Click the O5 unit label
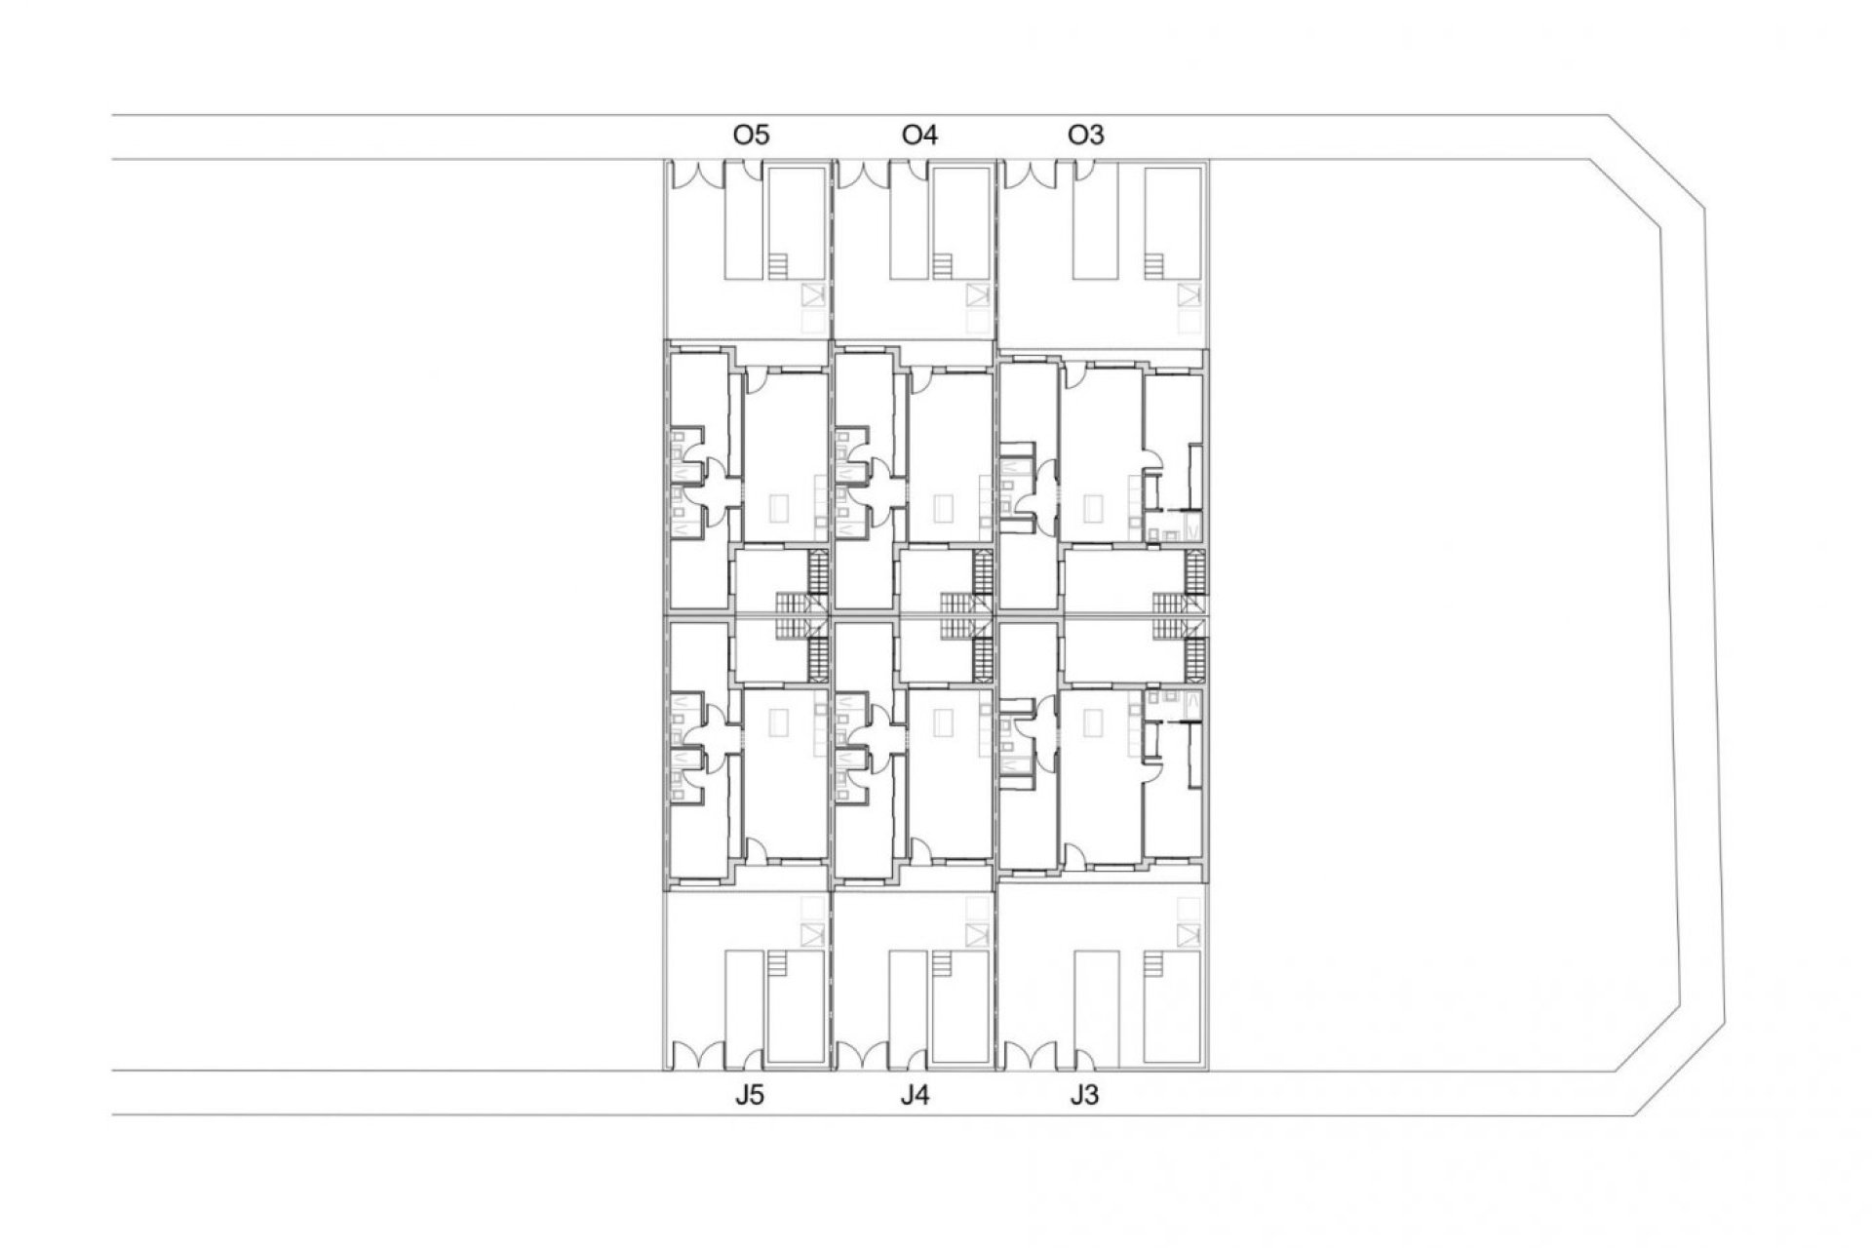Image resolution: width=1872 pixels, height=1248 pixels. (751, 135)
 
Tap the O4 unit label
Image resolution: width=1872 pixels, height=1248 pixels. (919, 135)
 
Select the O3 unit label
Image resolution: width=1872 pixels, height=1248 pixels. (1086, 135)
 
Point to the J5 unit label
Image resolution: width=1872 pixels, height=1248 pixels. (749, 1095)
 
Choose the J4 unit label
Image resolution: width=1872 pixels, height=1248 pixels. (915, 1095)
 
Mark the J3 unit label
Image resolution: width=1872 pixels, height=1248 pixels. (1083, 1095)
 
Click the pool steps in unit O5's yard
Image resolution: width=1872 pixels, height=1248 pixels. (778, 266)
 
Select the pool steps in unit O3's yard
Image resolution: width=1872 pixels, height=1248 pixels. (1153, 266)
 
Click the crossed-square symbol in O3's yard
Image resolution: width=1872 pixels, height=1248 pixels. (1187, 294)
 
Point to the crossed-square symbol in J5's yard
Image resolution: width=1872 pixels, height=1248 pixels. (811, 935)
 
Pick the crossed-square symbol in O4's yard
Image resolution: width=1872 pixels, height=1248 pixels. (977, 294)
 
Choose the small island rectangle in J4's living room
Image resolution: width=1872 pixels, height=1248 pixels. (944, 722)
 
